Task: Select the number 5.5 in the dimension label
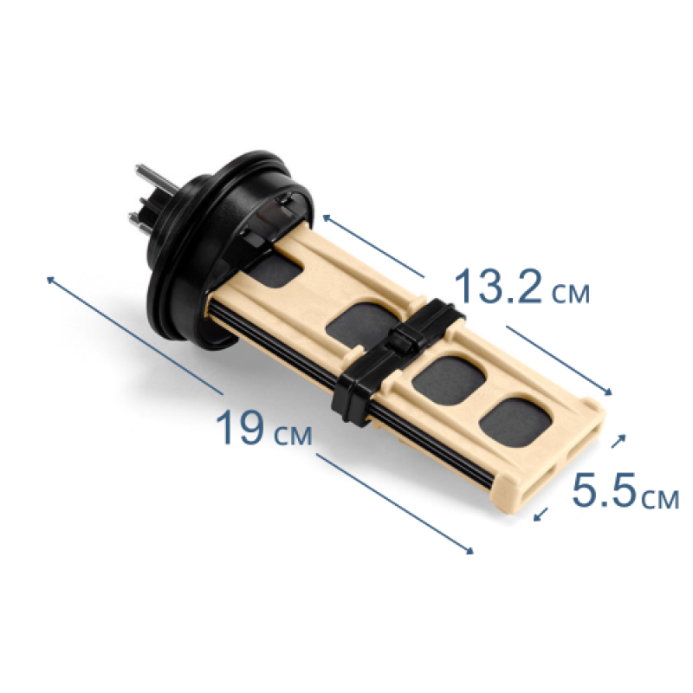604,490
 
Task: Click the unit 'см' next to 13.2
571,294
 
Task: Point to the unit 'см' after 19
293,436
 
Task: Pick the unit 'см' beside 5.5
660,499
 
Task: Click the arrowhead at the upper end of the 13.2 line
327,217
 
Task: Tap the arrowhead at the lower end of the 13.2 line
609,392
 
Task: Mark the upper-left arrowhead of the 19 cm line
50,279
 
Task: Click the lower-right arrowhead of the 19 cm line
470,550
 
